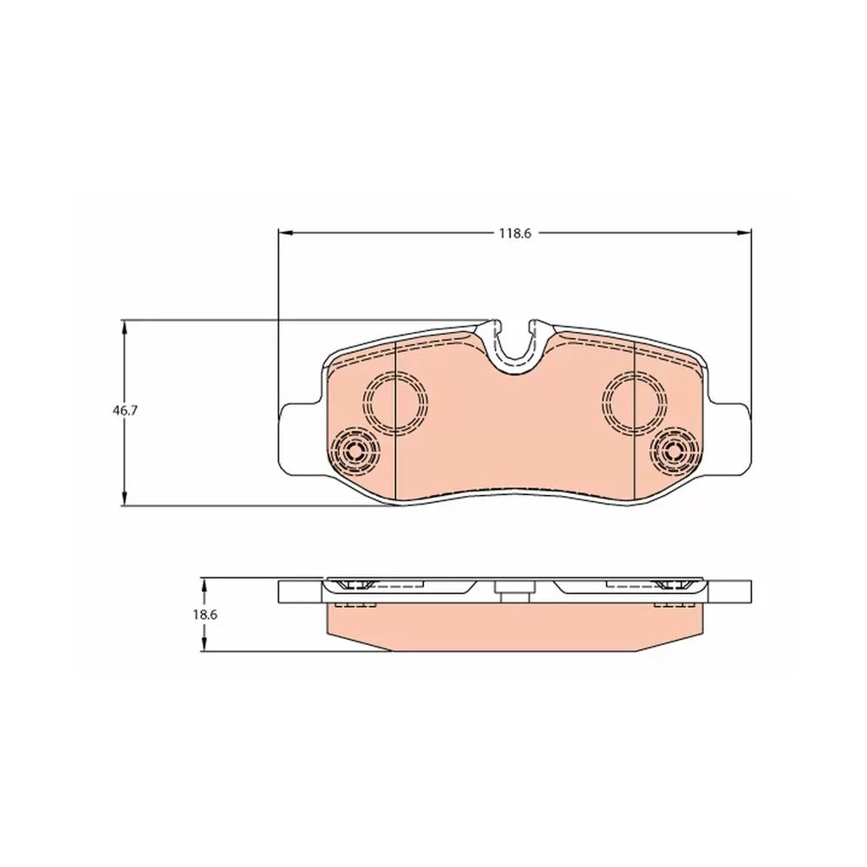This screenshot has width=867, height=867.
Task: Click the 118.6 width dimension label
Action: click(x=515, y=233)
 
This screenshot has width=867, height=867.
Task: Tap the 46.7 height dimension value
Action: click(x=124, y=411)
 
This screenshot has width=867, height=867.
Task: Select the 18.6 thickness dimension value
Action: click(x=205, y=615)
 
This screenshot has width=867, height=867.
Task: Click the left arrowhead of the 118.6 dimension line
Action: click(x=284, y=232)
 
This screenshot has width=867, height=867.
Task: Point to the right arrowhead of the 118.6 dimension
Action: click(x=744, y=232)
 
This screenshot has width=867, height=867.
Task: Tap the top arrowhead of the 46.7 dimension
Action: click(x=124, y=328)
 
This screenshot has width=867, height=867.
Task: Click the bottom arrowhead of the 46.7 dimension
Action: click(x=124, y=498)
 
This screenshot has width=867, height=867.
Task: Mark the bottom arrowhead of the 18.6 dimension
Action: click(x=205, y=644)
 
